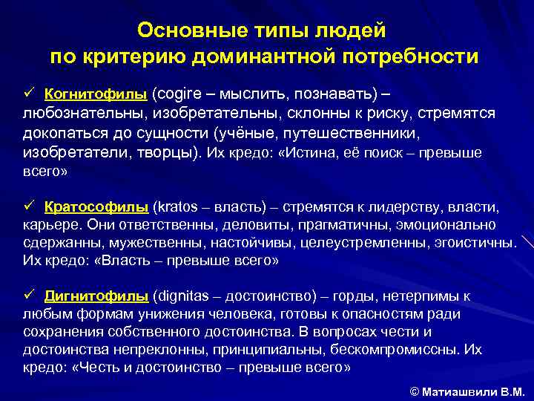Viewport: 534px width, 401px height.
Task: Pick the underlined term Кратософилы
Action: pyautogui.click(x=96, y=206)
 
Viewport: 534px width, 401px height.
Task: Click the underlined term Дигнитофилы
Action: pyautogui.click(x=96, y=296)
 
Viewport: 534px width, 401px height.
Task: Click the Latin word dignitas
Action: pyautogui.click(x=182, y=296)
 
